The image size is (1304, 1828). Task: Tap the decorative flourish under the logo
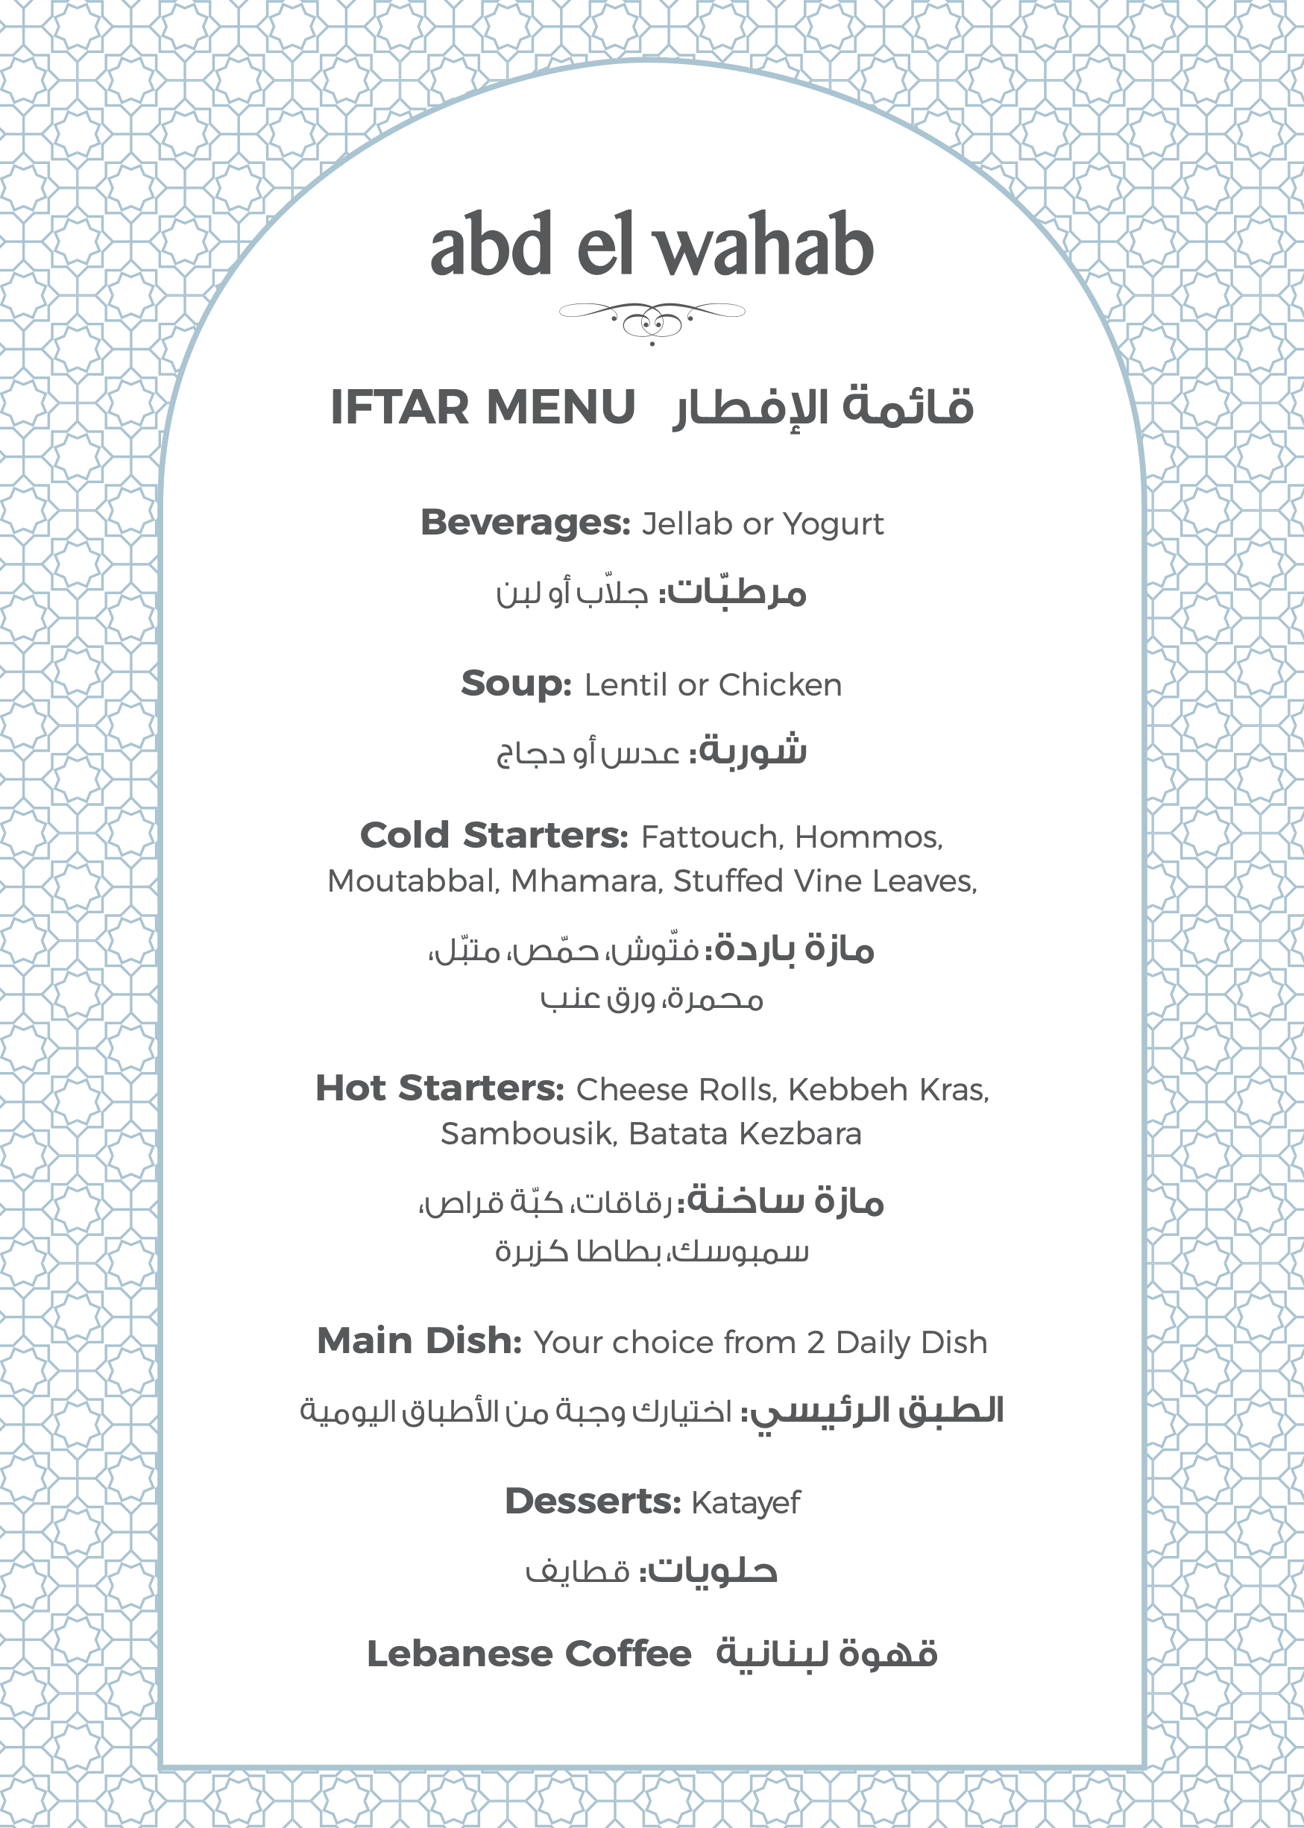point(652,319)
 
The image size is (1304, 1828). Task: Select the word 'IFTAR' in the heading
point(399,407)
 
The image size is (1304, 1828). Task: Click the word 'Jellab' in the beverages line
point(687,524)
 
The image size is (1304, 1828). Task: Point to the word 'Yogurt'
point(833,524)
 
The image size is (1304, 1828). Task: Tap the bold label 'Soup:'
point(515,684)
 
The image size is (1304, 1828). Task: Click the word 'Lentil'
point(626,685)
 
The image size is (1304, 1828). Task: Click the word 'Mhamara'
point(586,881)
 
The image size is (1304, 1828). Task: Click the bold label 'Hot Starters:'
point(440,1088)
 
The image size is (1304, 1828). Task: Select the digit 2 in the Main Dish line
point(815,1343)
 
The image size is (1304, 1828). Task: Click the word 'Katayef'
point(745,1503)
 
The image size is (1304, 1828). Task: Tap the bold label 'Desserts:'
point(593,1501)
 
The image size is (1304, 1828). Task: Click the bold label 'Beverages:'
point(526,523)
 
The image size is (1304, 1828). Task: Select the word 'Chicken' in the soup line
point(780,685)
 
